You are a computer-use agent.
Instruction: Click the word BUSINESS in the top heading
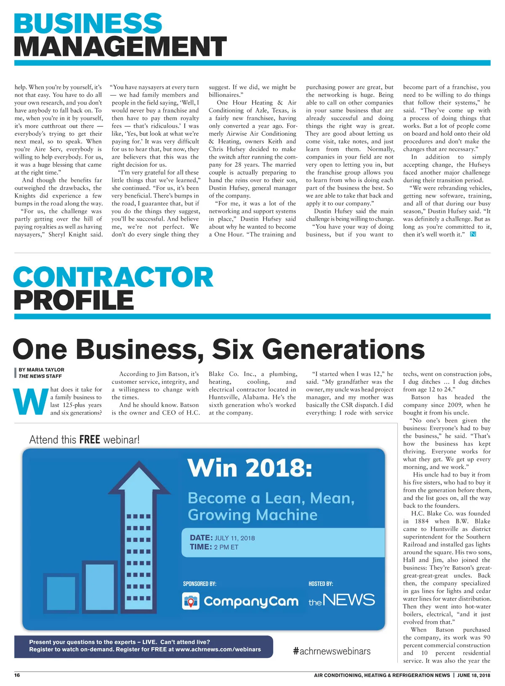88,24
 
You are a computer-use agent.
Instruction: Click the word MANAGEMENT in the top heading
120,46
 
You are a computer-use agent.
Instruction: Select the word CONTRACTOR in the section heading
113,277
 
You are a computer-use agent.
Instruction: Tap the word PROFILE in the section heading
74,300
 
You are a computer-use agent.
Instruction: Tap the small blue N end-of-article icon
473,234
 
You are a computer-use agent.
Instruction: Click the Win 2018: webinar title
250,468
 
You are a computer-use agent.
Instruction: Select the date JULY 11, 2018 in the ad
234,538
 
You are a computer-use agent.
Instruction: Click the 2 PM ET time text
226,547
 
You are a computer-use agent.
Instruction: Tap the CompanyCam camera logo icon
191,601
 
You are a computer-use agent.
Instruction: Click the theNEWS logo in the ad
341,600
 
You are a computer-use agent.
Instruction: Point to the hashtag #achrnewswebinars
332,651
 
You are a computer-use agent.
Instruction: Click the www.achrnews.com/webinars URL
218,649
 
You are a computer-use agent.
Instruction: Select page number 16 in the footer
17,675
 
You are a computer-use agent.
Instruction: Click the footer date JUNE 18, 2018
473,675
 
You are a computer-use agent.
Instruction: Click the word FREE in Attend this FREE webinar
89,439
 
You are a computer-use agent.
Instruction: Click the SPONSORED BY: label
199,584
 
